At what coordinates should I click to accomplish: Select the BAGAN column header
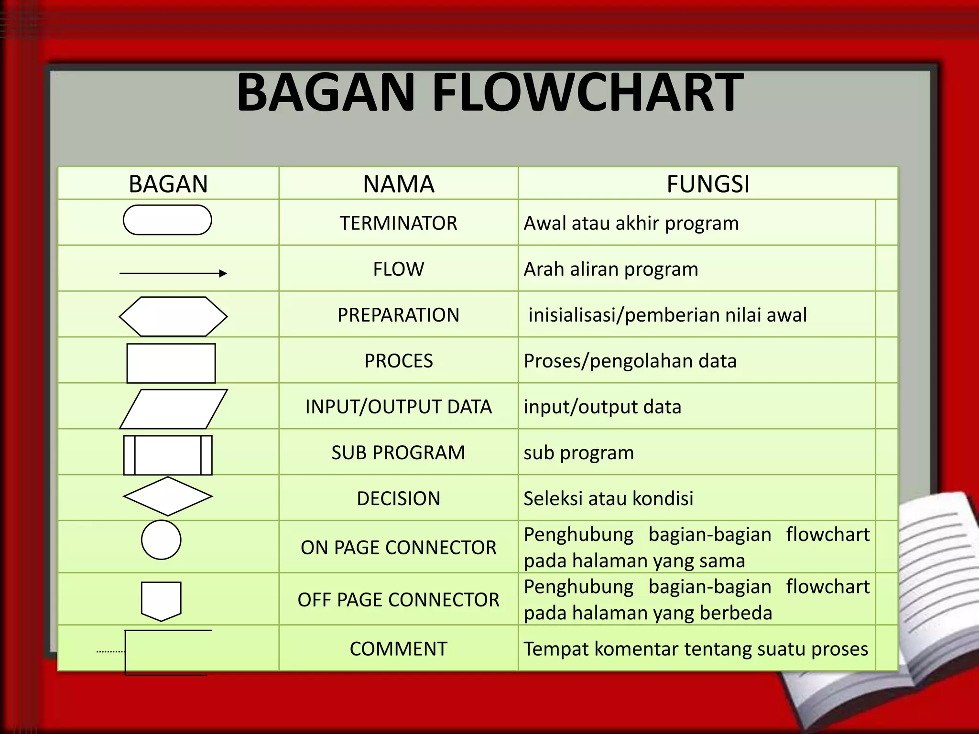point(168,184)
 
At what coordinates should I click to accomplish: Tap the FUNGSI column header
point(708,184)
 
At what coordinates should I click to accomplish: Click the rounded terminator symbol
point(167,220)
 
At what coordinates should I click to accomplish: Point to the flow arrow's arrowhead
point(223,273)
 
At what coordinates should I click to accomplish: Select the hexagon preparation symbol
point(173,316)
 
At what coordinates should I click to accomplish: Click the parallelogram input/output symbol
point(173,409)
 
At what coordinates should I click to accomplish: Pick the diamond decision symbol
point(168,497)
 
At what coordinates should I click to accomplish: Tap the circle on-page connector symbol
point(161,540)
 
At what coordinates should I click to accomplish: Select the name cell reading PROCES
point(398,361)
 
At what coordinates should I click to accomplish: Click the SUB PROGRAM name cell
point(398,453)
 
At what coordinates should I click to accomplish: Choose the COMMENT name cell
point(398,649)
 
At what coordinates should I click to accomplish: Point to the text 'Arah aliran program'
point(610,270)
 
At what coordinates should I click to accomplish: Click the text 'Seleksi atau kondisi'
point(608,498)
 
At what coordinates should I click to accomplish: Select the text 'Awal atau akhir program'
point(631,223)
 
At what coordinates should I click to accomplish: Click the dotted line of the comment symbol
point(110,651)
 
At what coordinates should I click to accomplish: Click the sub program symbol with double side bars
point(168,455)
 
